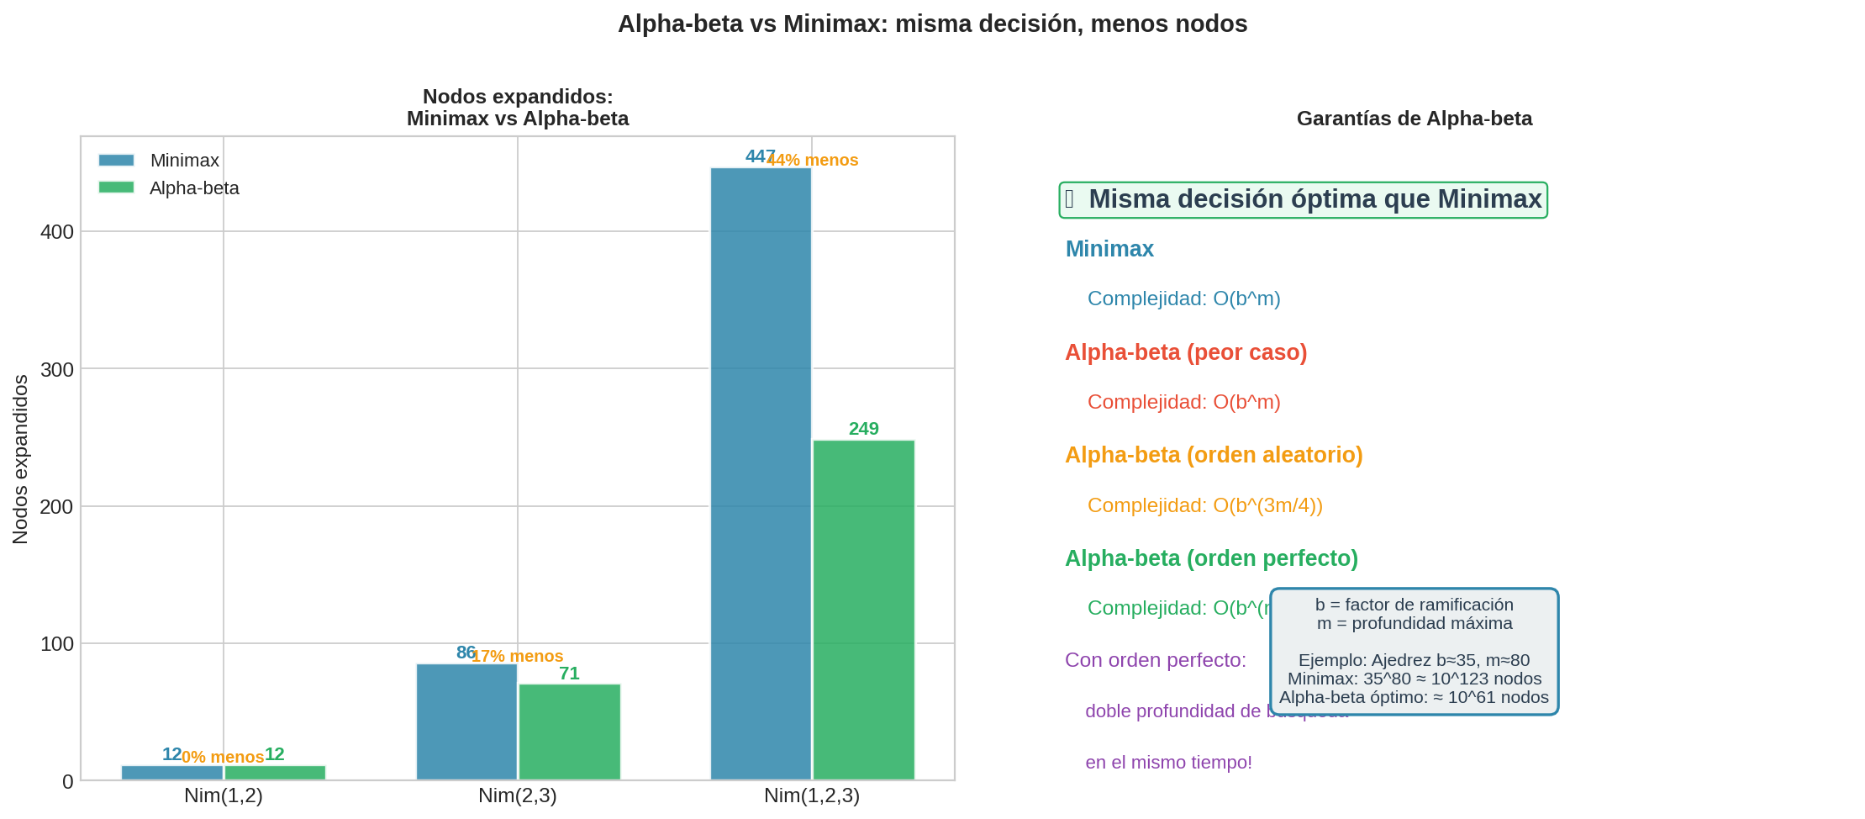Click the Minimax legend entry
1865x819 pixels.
[159, 161]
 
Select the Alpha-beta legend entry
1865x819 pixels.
[169, 188]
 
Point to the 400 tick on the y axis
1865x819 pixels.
[57, 232]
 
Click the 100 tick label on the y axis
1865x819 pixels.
[57, 645]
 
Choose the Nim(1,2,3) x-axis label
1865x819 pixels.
[811, 795]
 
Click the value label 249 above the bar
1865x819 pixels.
[863, 429]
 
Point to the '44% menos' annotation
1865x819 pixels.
[813, 161]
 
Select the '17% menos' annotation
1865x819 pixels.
[517, 657]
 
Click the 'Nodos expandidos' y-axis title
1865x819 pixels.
[20, 459]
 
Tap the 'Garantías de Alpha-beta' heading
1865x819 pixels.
[1414, 119]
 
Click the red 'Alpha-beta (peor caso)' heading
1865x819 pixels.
[1185, 352]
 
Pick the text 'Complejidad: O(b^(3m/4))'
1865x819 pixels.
[1204, 505]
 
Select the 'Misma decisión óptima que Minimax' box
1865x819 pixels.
[1303, 200]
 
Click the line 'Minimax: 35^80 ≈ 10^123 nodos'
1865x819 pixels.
[1414, 679]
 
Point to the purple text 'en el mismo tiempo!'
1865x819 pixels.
[1168, 763]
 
